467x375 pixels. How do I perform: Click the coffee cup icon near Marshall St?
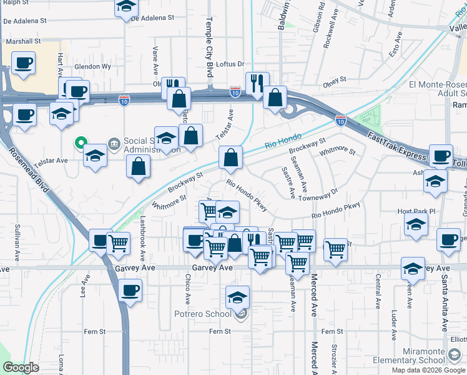[23, 63]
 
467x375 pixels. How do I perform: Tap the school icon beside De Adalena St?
[127, 7]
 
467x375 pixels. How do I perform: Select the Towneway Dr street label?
[318, 195]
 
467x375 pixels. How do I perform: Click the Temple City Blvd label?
[209, 47]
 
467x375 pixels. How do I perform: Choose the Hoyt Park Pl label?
[415, 212]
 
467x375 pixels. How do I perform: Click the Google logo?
[21, 367]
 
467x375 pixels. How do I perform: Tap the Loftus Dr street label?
[230, 64]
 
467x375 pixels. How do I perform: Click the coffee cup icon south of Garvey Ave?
[130, 290]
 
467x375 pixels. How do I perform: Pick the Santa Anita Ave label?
[445, 306]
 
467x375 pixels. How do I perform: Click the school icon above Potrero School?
[237, 297]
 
